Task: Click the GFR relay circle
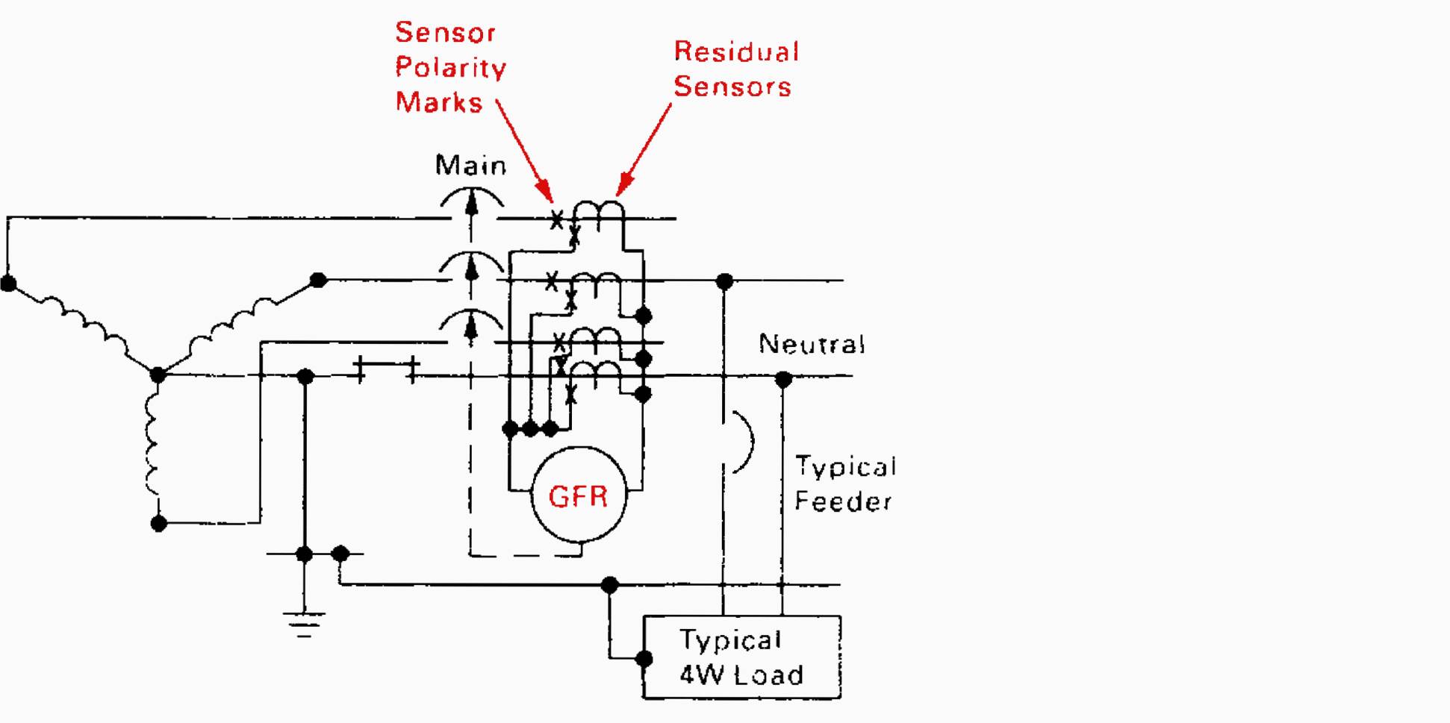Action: [x=579, y=495]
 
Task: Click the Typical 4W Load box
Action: [x=741, y=657]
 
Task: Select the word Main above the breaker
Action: [x=470, y=165]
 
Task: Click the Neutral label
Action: [x=812, y=344]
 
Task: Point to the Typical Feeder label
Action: [x=844, y=483]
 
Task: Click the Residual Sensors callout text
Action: [x=735, y=69]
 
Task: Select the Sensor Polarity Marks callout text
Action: [x=450, y=67]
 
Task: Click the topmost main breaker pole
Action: [x=471, y=202]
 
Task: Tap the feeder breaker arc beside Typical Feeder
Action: [x=743, y=442]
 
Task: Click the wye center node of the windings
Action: [x=158, y=374]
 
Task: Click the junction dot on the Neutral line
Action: [x=782, y=380]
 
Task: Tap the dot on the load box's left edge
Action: [x=644, y=659]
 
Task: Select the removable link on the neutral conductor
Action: [x=386, y=368]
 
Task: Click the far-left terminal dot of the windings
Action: [x=8, y=284]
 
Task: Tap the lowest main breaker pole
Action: [x=471, y=326]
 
